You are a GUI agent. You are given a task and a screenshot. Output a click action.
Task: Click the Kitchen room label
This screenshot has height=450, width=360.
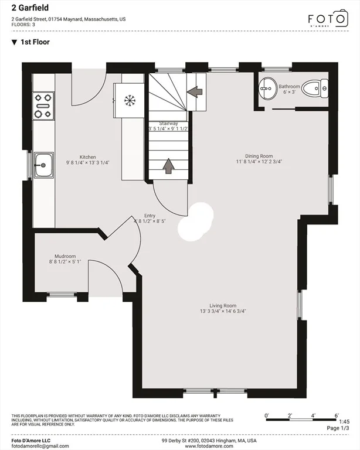pyautogui.click(x=87, y=157)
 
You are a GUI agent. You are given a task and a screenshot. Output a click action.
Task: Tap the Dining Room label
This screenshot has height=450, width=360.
pyautogui.click(x=259, y=156)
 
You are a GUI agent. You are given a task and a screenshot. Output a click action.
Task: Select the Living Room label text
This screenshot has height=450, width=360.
pyautogui.click(x=223, y=306)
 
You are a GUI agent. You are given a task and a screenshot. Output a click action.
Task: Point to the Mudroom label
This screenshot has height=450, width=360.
pyautogui.click(x=65, y=256)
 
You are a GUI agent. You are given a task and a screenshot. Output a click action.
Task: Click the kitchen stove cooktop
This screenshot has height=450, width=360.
pyautogui.click(x=43, y=105)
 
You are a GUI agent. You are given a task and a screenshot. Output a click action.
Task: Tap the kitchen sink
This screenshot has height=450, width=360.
pyautogui.click(x=44, y=165)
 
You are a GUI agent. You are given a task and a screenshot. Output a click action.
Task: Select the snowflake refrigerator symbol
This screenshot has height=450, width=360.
pyautogui.click(x=130, y=100)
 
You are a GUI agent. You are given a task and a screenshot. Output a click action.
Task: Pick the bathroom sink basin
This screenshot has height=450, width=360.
pyautogui.click(x=268, y=88)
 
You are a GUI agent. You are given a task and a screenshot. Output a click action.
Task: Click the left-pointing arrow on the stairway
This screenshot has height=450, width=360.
pyautogui.click(x=195, y=92)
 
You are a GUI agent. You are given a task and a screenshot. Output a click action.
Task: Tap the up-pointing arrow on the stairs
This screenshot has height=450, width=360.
pyautogui.click(x=169, y=166)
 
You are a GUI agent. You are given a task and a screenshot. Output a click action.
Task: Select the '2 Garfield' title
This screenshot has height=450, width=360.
pyautogui.click(x=30, y=8)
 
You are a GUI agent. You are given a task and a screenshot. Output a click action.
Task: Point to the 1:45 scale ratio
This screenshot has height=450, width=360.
pyautogui.click(x=344, y=422)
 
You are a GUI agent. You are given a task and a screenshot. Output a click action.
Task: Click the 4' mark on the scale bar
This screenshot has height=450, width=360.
pyautogui.click(x=313, y=415)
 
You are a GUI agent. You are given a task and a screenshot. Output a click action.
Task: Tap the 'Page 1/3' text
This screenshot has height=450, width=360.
pyautogui.click(x=338, y=428)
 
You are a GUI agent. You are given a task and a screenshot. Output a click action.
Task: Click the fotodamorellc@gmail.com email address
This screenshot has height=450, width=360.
pyautogui.click(x=40, y=446)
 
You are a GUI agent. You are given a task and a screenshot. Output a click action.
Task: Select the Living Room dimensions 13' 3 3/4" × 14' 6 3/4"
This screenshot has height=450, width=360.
pyautogui.click(x=223, y=311)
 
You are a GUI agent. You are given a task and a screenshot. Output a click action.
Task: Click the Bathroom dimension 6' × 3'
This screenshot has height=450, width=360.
pyautogui.click(x=290, y=92)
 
